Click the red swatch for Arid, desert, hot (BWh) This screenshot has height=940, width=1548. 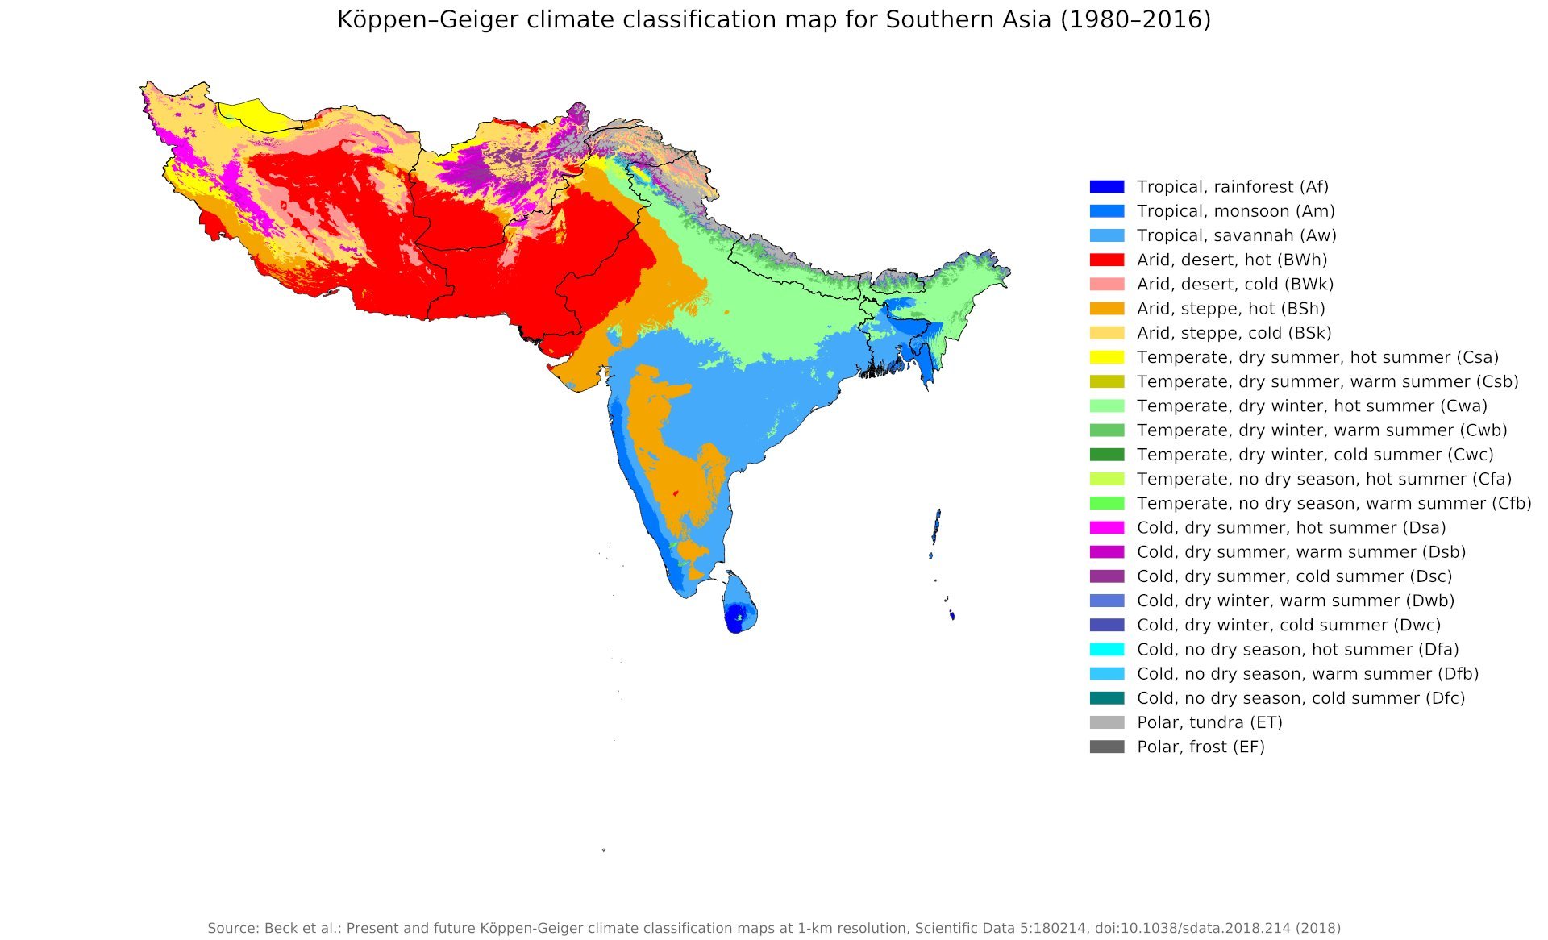tap(1106, 260)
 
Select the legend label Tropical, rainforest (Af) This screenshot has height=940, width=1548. tap(1232, 187)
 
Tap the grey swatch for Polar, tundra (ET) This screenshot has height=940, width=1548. tap(1106, 722)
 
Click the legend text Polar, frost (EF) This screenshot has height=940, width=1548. tap(1201, 747)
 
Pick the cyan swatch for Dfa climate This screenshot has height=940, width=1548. tap(1106, 649)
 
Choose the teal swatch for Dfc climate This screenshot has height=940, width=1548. tap(1106, 698)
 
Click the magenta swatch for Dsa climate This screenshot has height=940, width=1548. tap(1106, 527)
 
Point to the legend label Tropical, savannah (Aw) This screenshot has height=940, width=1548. tap(1236, 235)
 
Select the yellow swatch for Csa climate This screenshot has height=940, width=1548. tap(1106, 357)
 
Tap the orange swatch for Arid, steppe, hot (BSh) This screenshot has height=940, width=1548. tap(1106, 309)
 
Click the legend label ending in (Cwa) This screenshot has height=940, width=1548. tap(1312, 406)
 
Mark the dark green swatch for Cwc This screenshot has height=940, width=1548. tap(1106, 455)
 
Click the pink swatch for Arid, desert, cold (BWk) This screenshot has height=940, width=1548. tap(1106, 285)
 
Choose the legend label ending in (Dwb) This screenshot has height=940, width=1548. tap(1295, 601)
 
